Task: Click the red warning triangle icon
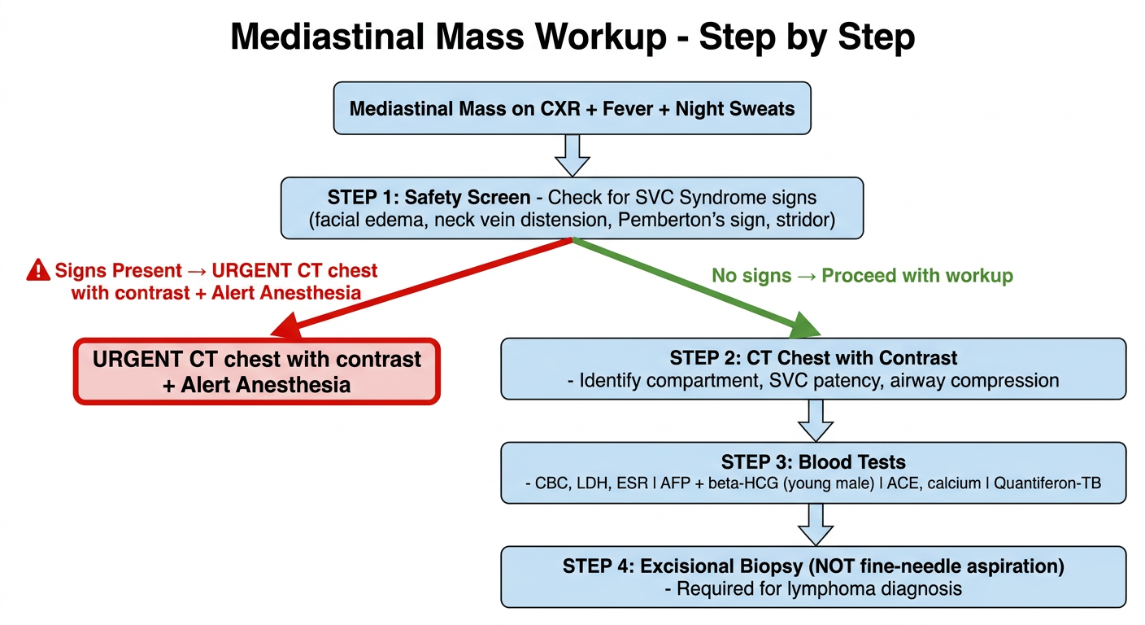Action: (x=38, y=270)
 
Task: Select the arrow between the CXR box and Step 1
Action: (x=572, y=155)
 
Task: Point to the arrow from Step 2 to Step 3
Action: (x=816, y=421)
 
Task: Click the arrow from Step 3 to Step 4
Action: (x=816, y=525)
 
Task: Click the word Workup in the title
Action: (x=601, y=37)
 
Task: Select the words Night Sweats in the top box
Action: (x=735, y=109)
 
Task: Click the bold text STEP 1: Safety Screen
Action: (x=429, y=198)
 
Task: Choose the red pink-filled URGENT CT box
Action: (x=257, y=372)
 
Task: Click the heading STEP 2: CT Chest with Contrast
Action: (x=813, y=358)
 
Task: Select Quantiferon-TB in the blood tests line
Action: (x=1047, y=483)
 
